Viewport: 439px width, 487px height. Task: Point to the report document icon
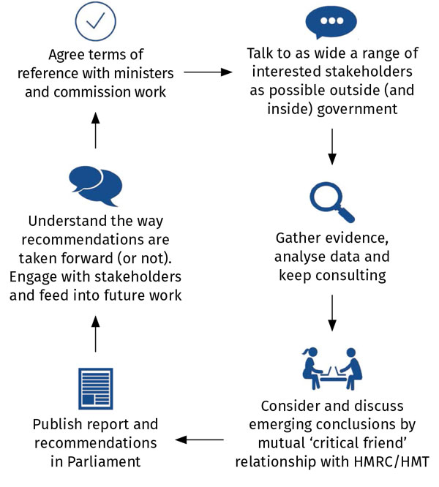tap(95, 388)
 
